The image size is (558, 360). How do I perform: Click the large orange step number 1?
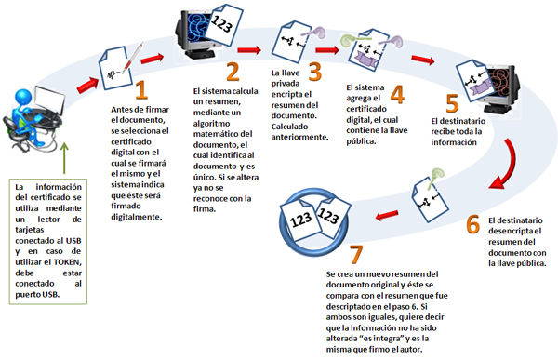[141, 89]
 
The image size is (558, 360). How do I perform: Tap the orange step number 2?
[232, 72]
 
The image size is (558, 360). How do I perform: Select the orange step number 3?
[314, 72]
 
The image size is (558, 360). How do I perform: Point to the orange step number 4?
[397, 94]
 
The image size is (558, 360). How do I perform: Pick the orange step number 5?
[452, 103]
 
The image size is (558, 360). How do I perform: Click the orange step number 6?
[473, 224]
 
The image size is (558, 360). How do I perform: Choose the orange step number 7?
[356, 254]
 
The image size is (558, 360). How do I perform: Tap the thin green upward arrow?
[64, 158]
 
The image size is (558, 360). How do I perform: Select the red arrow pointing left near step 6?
[387, 215]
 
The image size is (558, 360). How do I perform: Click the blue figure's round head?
[23, 96]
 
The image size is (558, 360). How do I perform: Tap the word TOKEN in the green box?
[67, 262]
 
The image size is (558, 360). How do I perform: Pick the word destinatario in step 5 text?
[462, 121]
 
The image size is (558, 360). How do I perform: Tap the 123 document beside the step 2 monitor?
[223, 24]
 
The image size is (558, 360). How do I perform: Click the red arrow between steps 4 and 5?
[423, 60]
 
